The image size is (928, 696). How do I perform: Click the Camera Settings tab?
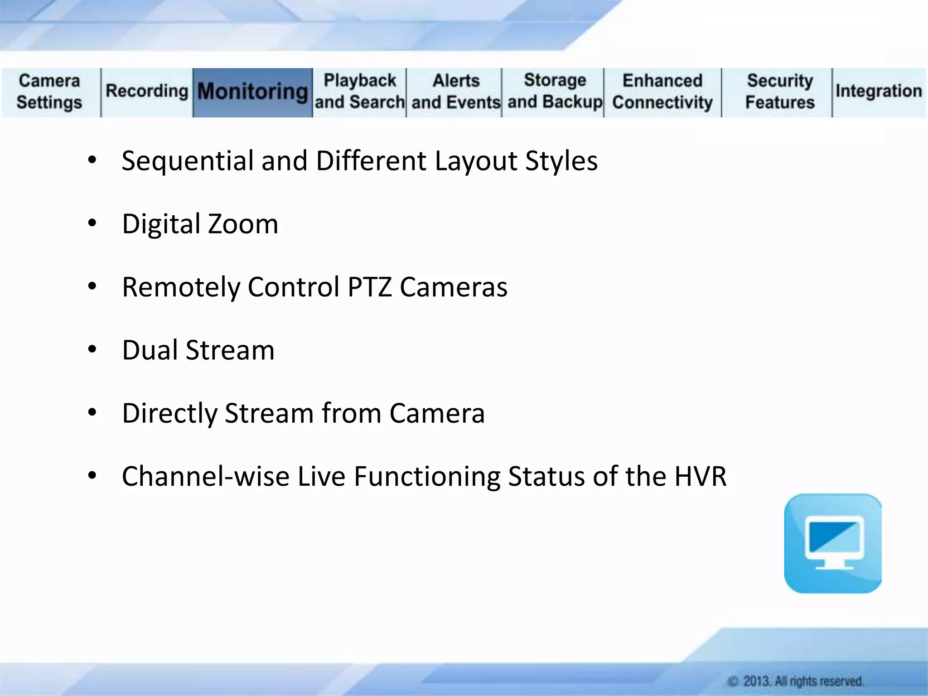pos(49,92)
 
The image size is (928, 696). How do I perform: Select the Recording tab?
pos(147,91)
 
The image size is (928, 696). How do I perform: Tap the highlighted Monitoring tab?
pos(252,92)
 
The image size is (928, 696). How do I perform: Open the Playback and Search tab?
pos(360,92)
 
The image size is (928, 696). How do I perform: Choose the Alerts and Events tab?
pos(455,92)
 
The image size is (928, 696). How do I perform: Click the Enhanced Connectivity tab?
pos(662,92)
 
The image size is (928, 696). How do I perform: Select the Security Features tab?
pos(779,92)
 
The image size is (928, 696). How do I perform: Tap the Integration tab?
pos(879,91)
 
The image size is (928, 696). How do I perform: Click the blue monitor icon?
pos(833,543)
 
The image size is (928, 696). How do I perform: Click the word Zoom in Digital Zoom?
pos(243,224)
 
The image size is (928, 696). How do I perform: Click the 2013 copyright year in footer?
pos(756,681)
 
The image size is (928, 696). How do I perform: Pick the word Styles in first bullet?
pos(561,161)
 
